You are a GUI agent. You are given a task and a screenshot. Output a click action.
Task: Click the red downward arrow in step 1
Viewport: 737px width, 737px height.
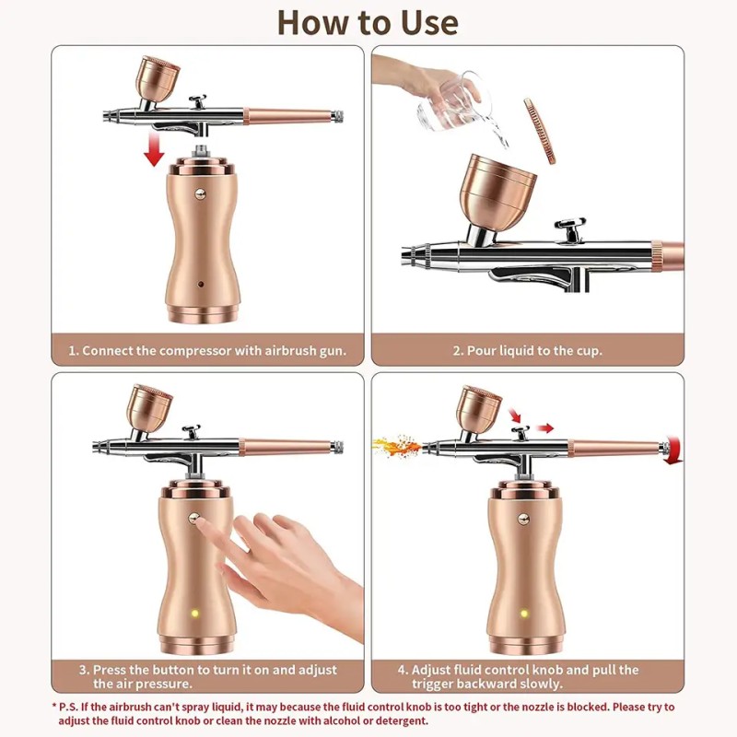[154, 151]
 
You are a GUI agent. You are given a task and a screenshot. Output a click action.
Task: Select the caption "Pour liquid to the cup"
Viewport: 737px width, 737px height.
[527, 351]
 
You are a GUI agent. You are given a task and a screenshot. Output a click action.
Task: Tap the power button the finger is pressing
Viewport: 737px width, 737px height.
[196, 519]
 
